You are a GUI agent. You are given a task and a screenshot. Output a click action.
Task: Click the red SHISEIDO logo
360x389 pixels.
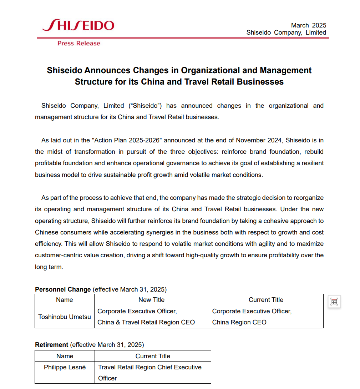pos(78,25)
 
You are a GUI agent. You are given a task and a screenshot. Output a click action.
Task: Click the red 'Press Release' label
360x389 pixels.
pos(79,44)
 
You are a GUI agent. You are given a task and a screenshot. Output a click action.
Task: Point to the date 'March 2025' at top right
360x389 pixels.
pos(309,25)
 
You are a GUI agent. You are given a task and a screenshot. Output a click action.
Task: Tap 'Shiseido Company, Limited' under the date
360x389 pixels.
pos(286,32)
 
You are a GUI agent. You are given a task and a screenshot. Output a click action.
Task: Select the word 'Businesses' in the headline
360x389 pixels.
pos(257,82)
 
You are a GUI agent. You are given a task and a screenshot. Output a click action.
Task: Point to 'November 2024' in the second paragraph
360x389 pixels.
pos(258,140)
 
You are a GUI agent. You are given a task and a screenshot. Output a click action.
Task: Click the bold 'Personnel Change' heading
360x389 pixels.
pos(63,289)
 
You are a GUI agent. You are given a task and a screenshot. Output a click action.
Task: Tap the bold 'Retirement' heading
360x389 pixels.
pos(51,345)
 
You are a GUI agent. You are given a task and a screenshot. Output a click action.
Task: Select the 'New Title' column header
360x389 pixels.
pos(151,300)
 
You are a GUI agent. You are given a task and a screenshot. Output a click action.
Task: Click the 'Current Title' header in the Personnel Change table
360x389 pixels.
pos(266,300)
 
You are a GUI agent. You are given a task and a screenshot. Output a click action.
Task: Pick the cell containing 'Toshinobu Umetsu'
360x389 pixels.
pos(65,317)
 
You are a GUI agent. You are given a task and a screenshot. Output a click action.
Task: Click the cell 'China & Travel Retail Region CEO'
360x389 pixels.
pos(146,322)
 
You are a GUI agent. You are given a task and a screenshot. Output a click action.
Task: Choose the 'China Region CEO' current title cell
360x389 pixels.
pos(239,322)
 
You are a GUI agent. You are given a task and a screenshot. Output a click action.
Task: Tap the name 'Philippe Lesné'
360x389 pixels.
pos(65,367)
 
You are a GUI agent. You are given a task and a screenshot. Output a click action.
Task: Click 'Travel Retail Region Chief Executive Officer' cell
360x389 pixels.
pos(150,372)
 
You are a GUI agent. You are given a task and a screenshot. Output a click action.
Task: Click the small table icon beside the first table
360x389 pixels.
pos(334,302)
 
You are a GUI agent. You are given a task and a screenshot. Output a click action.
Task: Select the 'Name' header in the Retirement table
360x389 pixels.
pos(65,356)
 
